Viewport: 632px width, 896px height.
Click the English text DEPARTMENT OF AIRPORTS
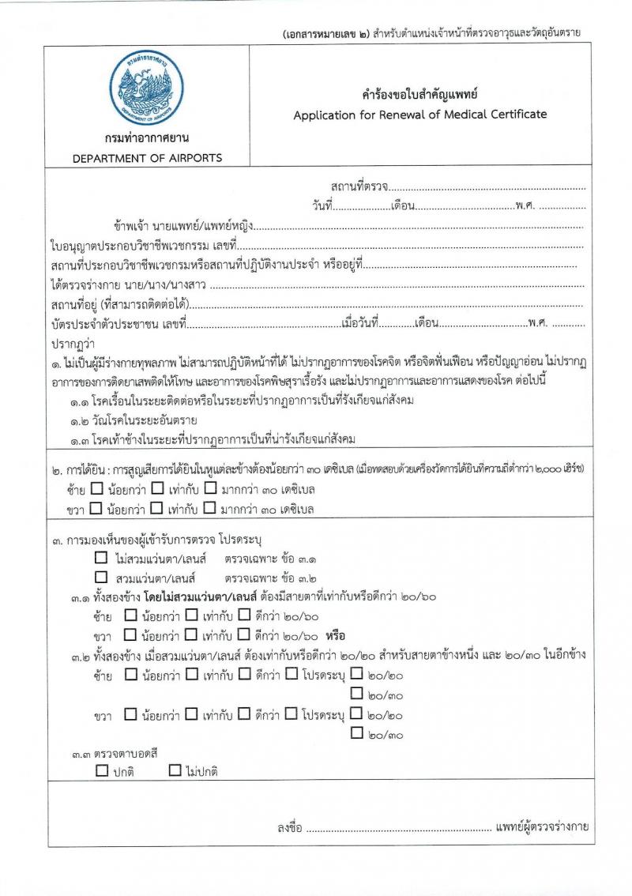[x=148, y=158]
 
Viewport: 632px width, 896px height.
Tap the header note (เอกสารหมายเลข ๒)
[x=324, y=33]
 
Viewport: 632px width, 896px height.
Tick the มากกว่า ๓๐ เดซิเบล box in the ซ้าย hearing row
[x=210, y=489]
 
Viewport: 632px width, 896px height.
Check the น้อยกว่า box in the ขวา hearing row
[x=96, y=508]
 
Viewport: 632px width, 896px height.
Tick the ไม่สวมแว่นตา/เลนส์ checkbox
[x=100, y=558]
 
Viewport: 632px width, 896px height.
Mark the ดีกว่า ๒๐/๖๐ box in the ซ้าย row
[x=244, y=616]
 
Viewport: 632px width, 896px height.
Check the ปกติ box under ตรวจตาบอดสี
[x=102, y=770]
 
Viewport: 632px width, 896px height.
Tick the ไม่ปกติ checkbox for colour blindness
[x=175, y=770]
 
